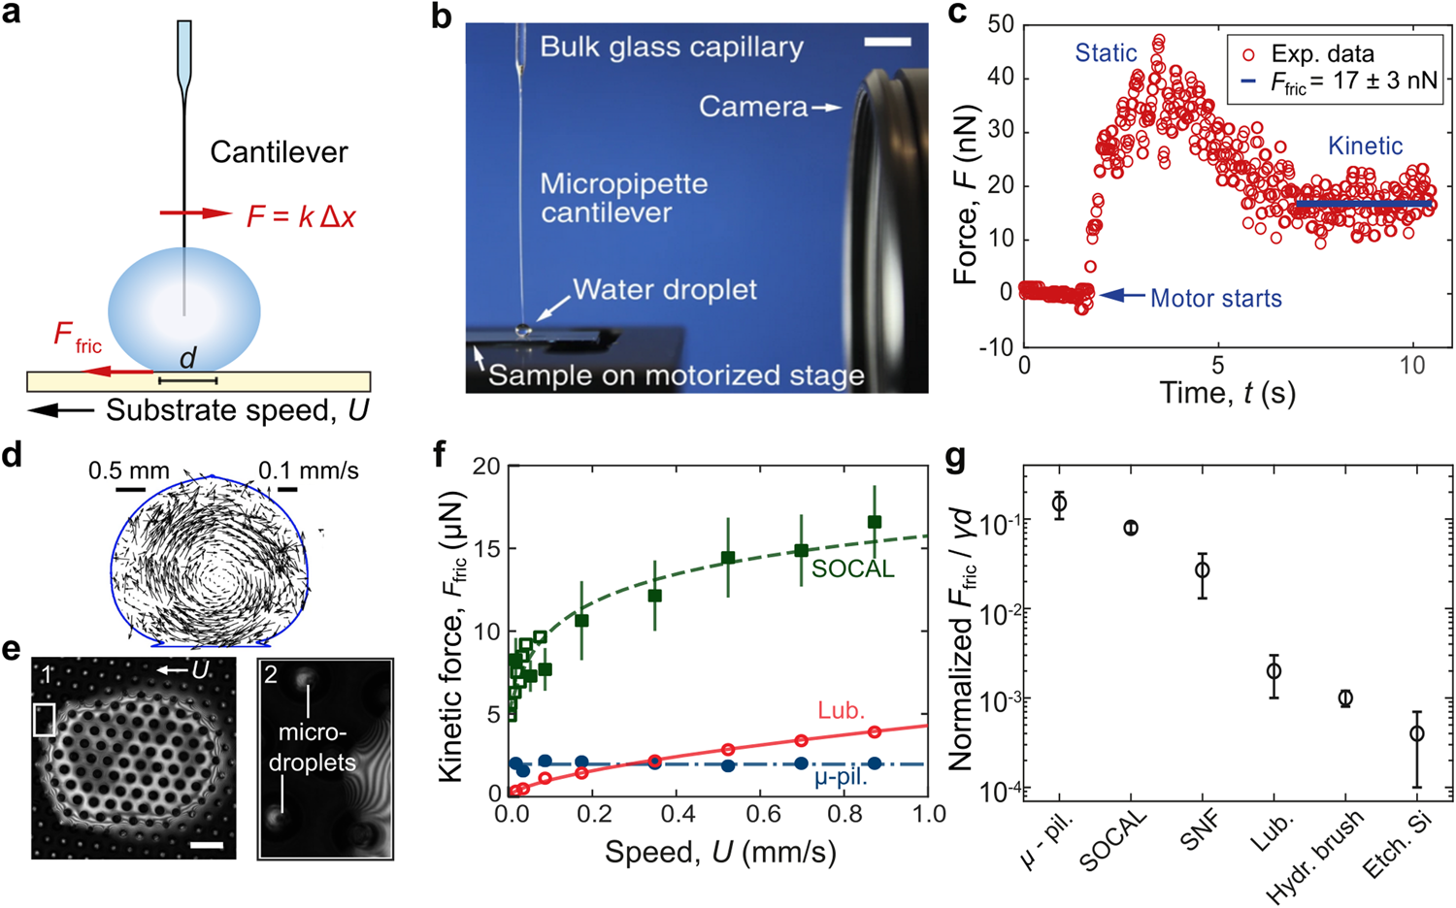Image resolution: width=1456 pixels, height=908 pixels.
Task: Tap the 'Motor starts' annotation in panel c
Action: click(x=1215, y=299)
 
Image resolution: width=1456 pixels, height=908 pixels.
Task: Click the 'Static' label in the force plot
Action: click(x=1106, y=53)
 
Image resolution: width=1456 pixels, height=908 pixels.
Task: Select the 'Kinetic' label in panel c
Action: click(x=1365, y=146)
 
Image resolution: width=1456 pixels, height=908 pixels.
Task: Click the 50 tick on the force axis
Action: click(x=1001, y=24)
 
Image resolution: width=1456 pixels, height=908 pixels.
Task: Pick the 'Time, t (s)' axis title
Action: click(x=1227, y=393)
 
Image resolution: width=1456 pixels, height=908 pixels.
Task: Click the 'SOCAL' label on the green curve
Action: click(x=852, y=569)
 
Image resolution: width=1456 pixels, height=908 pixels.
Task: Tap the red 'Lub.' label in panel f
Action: click(x=841, y=711)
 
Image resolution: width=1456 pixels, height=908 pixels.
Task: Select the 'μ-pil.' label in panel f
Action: click(x=841, y=777)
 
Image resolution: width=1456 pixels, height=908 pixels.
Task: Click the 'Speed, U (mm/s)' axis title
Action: click(x=720, y=853)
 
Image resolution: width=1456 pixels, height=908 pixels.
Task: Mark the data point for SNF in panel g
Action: click(x=1202, y=569)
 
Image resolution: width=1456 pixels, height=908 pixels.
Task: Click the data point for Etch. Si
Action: click(x=1417, y=733)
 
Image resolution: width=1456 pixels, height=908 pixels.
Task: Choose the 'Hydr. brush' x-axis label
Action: click(x=1315, y=858)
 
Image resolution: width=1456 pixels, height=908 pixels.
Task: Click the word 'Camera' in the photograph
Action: click(x=753, y=107)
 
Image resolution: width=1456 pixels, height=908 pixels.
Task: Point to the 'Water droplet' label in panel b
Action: click(x=664, y=290)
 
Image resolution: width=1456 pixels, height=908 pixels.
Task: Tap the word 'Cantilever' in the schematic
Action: click(x=279, y=152)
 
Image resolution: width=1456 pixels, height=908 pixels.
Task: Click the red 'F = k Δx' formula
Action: click(x=301, y=215)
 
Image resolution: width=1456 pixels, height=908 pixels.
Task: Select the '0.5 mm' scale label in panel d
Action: click(x=128, y=471)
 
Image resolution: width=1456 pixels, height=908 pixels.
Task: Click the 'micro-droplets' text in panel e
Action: click(x=313, y=747)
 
